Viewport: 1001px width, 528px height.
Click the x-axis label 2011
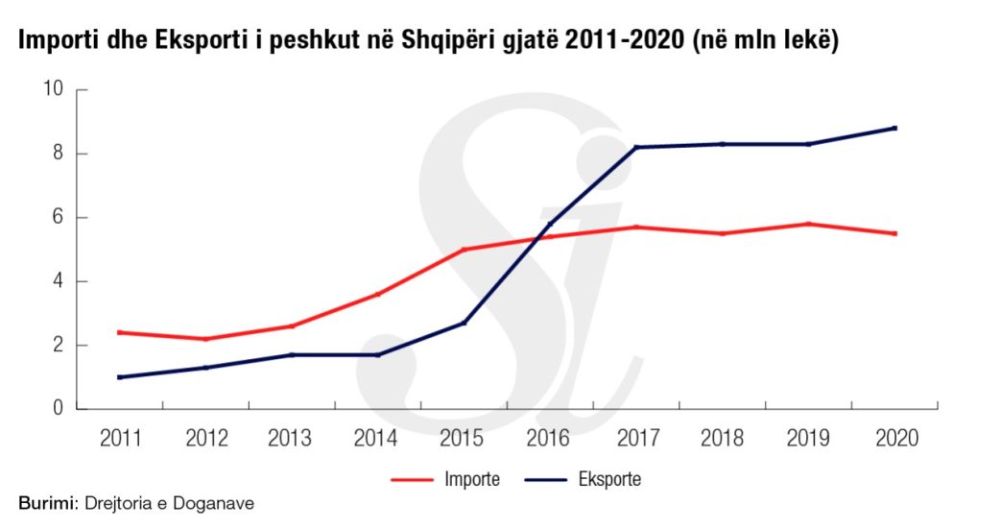(121, 438)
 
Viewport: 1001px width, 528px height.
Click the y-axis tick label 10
(53, 90)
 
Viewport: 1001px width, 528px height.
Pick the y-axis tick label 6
(58, 218)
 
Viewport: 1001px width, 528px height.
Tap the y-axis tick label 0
(58, 409)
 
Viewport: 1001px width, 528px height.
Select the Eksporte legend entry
(608, 479)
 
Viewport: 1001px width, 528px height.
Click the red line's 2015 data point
(465, 250)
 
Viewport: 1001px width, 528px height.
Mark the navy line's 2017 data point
(636, 147)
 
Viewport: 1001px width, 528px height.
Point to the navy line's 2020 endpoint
(895, 128)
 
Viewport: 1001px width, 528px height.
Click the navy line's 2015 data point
(465, 323)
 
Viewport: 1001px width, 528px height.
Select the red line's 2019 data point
(809, 224)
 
